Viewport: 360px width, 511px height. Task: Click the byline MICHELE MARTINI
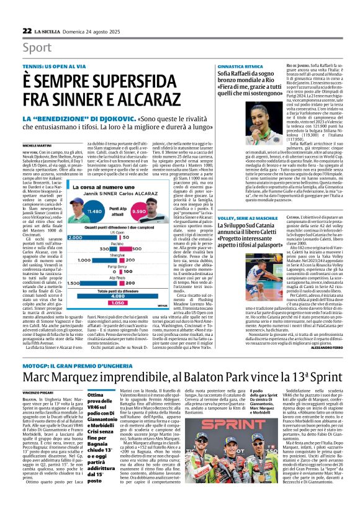(37, 145)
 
